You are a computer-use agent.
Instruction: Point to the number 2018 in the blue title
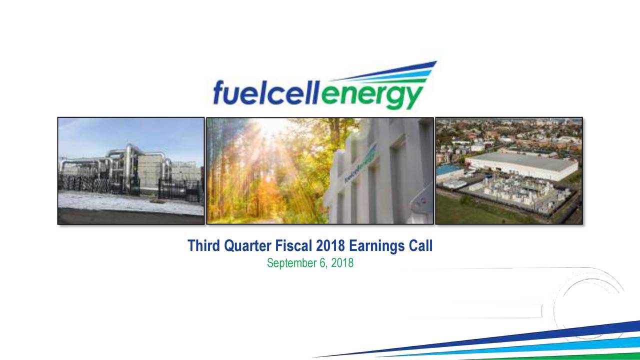click(331, 246)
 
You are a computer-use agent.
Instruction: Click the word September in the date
click(292, 263)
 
